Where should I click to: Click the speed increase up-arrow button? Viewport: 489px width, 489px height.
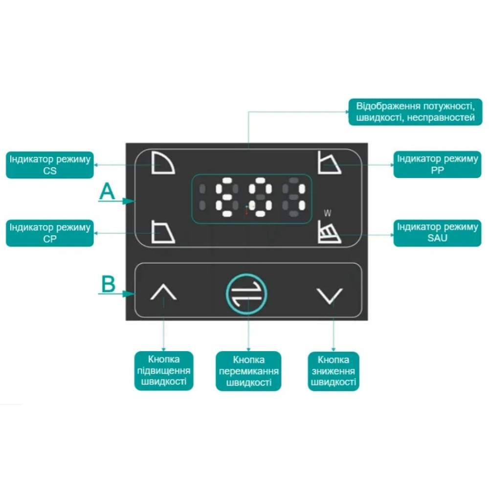[163, 292]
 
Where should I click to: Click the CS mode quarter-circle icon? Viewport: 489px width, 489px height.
[163, 162]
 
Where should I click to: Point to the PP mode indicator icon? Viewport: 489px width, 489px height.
[329, 162]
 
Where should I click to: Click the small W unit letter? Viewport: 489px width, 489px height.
[327, 213]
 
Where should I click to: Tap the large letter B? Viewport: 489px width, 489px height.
[108, 284]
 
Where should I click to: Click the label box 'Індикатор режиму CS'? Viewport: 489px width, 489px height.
[50, 165]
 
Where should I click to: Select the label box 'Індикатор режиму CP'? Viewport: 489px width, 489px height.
[50, 233]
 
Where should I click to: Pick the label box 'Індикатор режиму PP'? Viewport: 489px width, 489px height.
[437, 164]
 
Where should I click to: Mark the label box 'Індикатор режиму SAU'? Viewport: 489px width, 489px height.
[437, 233]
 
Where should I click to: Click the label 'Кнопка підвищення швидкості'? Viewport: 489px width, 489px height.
[164, 371]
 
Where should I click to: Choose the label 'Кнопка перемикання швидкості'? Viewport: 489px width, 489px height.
[248, 371]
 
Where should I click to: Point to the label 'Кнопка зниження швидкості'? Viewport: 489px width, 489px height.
[333, 371]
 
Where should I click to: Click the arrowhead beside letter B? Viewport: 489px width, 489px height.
[129, 294]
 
